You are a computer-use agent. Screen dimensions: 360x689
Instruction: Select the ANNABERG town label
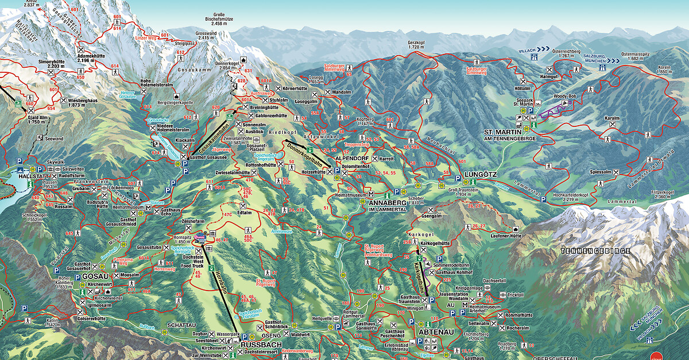tap(390, 203)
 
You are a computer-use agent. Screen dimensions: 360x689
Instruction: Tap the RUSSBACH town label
tap(261, 344)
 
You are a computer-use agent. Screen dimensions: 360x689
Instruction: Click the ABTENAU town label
tap(437, 332)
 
